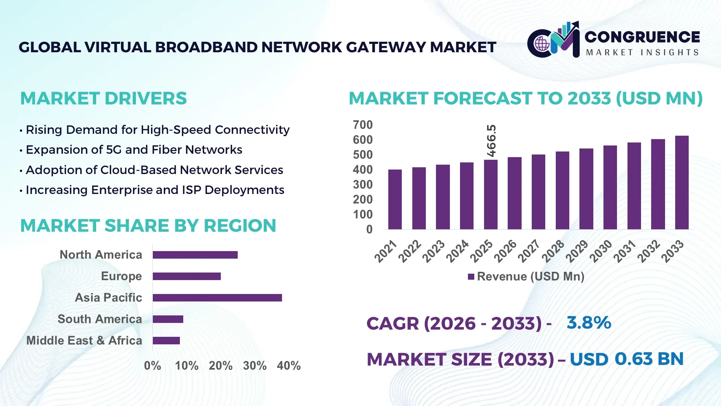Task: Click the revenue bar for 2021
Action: coord(395,200)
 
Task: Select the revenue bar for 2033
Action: coord(682,183)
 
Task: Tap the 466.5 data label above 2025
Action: coord(491,141)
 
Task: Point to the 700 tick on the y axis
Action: coord(362,125)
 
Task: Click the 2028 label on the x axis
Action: coord(553,251)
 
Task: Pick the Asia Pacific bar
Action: coord(217,298)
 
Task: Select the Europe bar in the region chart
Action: coord(187,276)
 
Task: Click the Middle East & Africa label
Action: coord(84,341)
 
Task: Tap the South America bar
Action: coord(168,319)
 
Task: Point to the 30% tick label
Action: coord(255,366)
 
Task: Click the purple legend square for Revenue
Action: coord(471,277)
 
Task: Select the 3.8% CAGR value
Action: coord(588,323)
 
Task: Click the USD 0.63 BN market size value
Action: coord(626,359)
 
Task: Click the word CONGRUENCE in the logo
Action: coord(642,37)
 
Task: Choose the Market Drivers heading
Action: coord(103,98)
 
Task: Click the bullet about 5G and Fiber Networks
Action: coord(134,150)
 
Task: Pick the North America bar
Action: coord(195,255)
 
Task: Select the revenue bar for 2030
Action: coord(610,188)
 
